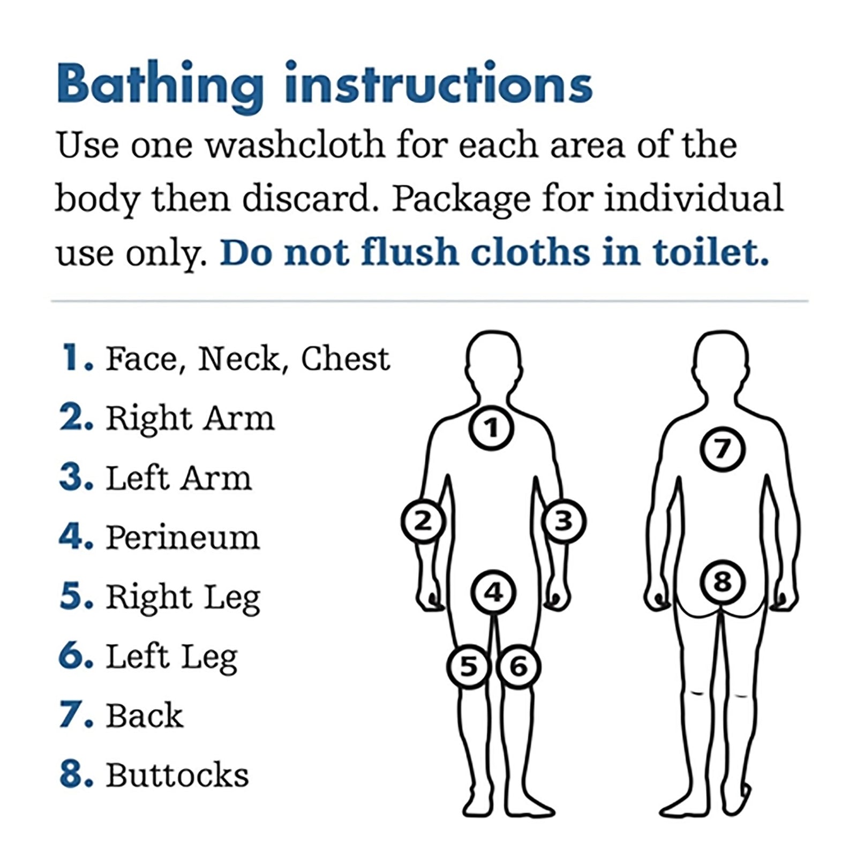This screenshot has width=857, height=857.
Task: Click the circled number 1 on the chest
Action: tap(492, 427)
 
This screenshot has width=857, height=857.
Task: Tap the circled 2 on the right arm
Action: tap(423, 521)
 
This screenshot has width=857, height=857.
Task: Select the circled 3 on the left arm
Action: tap(563, 521)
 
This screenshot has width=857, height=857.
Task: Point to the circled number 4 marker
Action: tap(493, 592)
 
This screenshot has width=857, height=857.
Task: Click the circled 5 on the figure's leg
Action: tap(469, 667)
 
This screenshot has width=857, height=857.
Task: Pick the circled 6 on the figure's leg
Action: tap(518, 667)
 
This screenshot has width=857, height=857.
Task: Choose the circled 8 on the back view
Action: tap(723, 582)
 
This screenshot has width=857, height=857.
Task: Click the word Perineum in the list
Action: tap(183, 537)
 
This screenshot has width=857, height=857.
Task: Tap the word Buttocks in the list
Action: tap(177, 775)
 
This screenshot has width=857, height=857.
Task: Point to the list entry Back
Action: tap(145, 716)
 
